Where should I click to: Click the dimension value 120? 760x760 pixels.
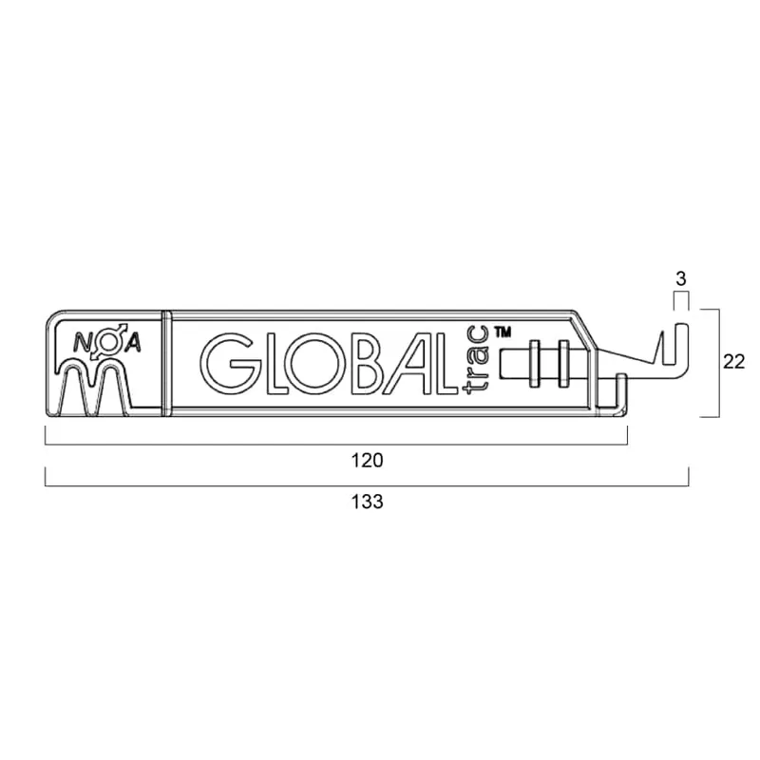(367, 460)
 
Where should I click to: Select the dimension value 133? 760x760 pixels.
(367, 502)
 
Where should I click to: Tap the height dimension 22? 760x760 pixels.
(733, 362)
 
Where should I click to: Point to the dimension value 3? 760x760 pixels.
(681, 279)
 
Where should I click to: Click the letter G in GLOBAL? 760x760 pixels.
(227, 363)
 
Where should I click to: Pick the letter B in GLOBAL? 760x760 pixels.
(372, 363)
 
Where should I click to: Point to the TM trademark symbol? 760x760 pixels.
(503, 332)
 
